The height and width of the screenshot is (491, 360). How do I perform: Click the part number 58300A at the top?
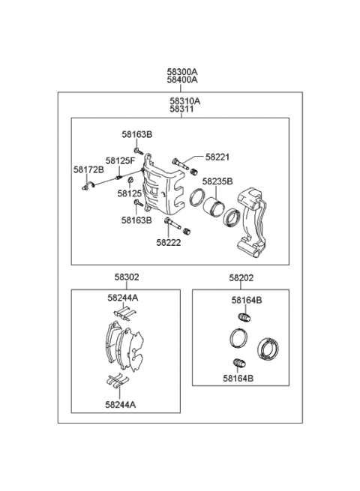182,73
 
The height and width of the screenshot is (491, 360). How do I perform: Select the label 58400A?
182,81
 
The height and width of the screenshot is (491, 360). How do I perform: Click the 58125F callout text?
120,160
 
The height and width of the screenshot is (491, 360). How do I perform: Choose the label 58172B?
88,170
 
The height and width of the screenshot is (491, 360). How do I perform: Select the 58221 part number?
217,157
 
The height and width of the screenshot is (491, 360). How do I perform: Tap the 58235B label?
217,181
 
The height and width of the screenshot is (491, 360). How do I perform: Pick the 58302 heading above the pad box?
126,277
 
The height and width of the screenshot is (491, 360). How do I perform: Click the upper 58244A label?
121,297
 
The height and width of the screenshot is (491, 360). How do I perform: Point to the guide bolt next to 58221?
180,162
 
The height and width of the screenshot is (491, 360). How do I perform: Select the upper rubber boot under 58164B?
243,319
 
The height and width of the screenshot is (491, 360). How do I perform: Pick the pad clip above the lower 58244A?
115,382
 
